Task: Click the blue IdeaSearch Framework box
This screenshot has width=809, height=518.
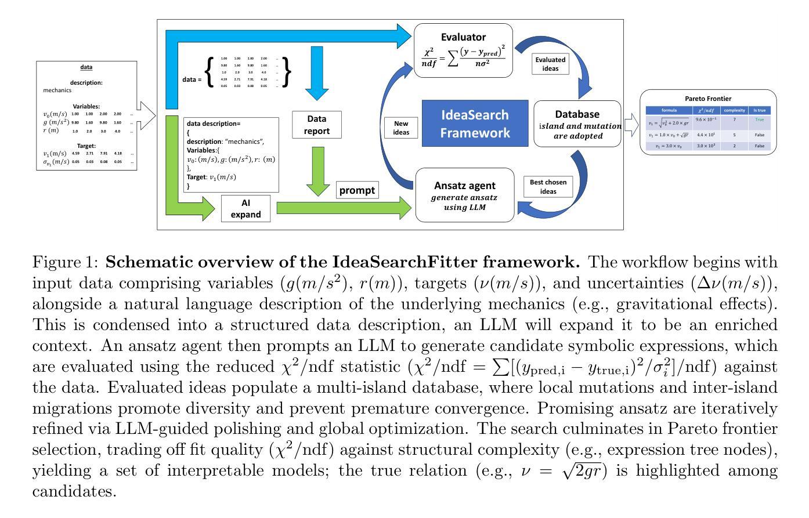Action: (x=475, y=124)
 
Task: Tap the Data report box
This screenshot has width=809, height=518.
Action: (x=316, y=125)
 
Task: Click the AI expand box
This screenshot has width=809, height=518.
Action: (x=245, y=208)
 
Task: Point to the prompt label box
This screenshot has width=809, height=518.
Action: (x=357, y=190)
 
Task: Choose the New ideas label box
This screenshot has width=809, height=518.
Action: (x=401, y=128)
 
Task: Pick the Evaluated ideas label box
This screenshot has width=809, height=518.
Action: (x=550, y=64)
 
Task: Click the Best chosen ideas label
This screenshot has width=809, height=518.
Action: (x=548, y=187)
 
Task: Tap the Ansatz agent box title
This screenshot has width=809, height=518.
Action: (x=465, y=186)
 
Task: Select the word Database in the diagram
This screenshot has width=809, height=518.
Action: (x=577, y=114)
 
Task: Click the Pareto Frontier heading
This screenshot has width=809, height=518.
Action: (x=708, y=99)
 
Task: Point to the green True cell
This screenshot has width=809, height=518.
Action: (x=760, y=119)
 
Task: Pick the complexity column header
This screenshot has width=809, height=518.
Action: (x=734, y=110)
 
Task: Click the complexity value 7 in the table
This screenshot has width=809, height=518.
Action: (x=734, y=119)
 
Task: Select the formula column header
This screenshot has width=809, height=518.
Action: (x=669, y=110)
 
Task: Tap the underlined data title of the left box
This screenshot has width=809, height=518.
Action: (x=86, y=67)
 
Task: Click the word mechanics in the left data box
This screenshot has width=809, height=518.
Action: (x=57, y=90)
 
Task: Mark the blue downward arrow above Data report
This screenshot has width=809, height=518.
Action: (x=317, y=73)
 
